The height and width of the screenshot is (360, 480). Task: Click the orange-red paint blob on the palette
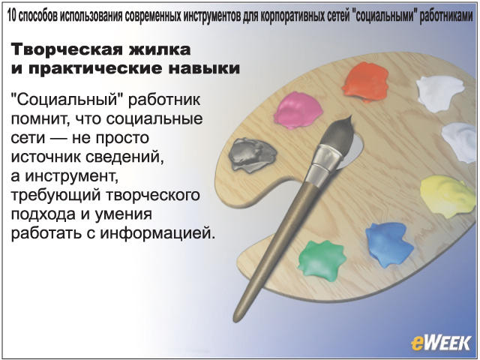pos(365,82)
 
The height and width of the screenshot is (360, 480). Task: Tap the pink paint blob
pos(298,110)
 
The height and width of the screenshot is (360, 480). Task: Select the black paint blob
pos(252,154)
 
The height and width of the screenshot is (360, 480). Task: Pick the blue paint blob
pos(388,244)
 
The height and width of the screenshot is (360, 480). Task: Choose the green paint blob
pos(322,260)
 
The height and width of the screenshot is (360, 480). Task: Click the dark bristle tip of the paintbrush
pos(338,135)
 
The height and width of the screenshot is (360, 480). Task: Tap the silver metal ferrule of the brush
pos(324,165)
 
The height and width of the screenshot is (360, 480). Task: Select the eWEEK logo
pos(441,343)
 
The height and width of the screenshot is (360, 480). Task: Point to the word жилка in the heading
pos(160,49)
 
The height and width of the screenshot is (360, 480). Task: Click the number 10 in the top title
pos(11,16)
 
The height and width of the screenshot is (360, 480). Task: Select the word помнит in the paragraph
pos(38,119)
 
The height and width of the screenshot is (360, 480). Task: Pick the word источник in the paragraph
pos(45,157)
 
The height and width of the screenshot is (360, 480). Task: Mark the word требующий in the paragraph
pos(55,196)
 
